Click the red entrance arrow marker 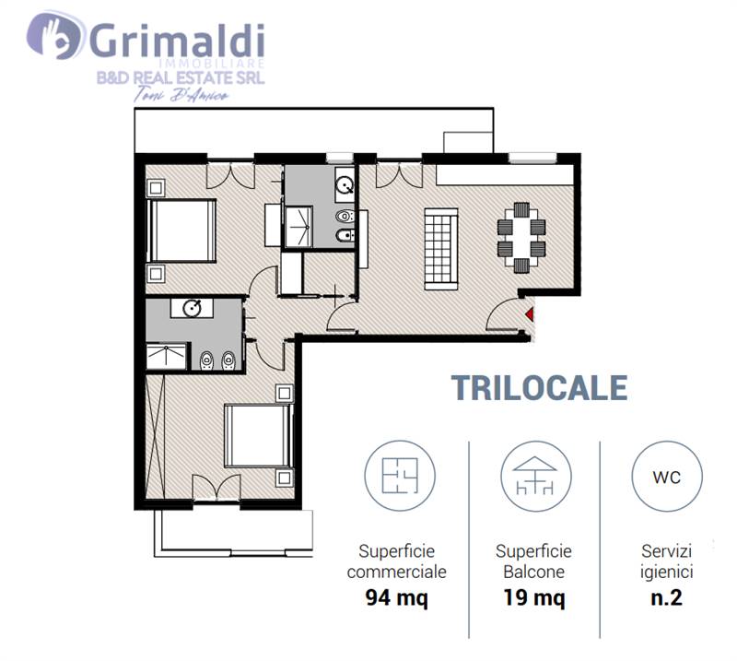click(x=530, y=314)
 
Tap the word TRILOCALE click(x=540, y=388)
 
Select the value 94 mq click(x=397, y=598)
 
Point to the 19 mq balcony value click(x=534, y=598)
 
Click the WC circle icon click(x=666, y=476)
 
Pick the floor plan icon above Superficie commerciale click(x=400, y=476)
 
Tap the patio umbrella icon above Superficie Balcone click(x=535, y=476)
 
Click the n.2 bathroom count click(x=666, y=598)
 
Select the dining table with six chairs click(x=521, y=238)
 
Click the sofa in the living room click(x=441, y=249)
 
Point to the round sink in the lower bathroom click(x=192, y=309)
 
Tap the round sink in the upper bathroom click(x=345, y=185)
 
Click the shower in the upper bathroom click(x=298, y=227)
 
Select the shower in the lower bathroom click(x=167, y=357)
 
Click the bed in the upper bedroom click(x=181, y=230)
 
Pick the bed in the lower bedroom click(x=258, y=436)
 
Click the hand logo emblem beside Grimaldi click(x=54, y=36)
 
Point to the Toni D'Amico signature click(x=181, y=95)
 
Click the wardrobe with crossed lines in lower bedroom click(x=156, y=436)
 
